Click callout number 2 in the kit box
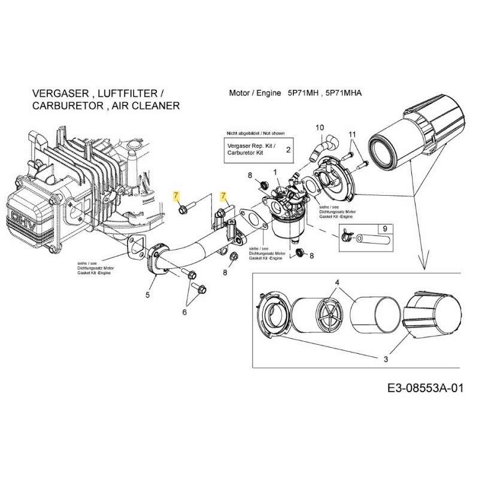(x=288, y=149)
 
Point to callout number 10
(x=319, y=128)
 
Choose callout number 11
(x=352, y=134)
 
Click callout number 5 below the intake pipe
(x=148, y=294)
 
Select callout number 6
(x=184, y=311)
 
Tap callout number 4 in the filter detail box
(x=337, y=282)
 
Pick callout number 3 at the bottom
(x=386, y=359)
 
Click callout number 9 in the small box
(x=384, y=228)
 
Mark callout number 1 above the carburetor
(x=275, y=172)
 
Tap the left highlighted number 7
(x=175, y=196)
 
